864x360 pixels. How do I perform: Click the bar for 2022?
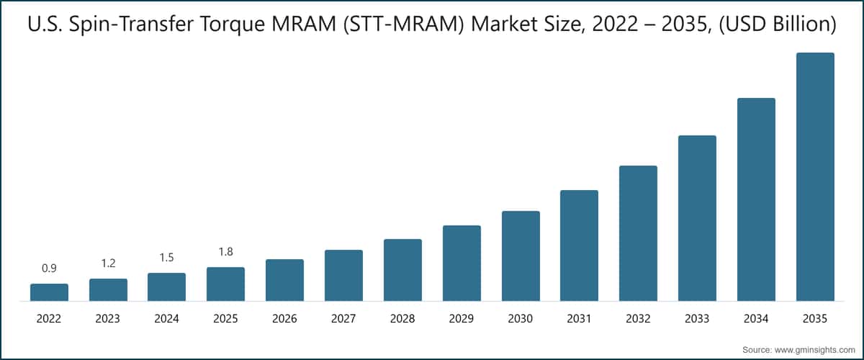49,292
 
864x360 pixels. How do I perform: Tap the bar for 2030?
521,256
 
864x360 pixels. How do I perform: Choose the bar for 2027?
343,275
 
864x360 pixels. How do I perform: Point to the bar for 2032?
638,233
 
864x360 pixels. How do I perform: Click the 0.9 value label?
49,269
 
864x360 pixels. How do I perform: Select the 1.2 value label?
108,264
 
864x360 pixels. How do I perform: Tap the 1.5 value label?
166,258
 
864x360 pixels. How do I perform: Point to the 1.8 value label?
225,252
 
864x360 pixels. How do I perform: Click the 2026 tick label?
284,318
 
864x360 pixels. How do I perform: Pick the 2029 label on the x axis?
462,318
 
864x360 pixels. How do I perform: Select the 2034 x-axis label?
756,318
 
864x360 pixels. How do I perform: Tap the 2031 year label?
579,318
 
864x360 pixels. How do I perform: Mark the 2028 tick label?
402,318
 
